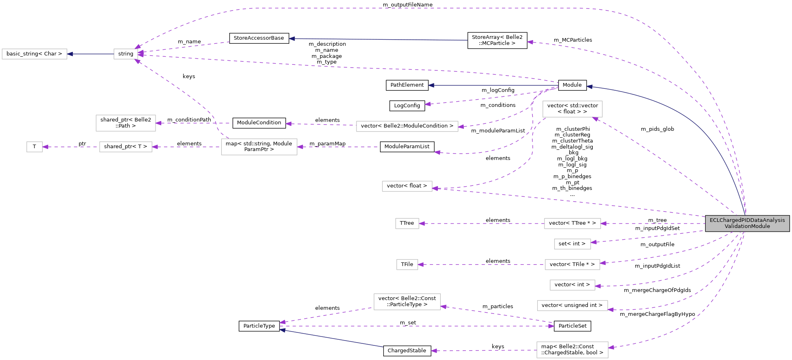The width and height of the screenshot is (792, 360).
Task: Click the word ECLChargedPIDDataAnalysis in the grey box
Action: pyautogui.click(x=747, y=220)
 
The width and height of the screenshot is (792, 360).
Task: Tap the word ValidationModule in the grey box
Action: pyautogui.click(x=747, y=226)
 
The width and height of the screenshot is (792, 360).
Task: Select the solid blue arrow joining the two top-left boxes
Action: pyautogui.click(x=90, y=54)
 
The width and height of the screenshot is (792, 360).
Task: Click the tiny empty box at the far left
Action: pyautogui.click(x=34, y=147)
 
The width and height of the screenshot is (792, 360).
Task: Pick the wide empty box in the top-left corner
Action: pyautogui.click(x=34, y=54)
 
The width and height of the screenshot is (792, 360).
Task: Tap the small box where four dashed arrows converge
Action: pyautogui.click(x=126, y=54)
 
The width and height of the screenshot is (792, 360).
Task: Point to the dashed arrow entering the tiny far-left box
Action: pyautogui.click(x=71, y=147)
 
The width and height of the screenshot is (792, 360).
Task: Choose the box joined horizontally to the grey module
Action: pyautogui.click(x=572, y=224)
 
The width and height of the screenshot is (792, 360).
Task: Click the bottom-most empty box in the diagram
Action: pyautogui.click(x=572, y=350)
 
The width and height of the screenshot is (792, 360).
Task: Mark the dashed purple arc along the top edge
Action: pyautogui.click(x=405, y=9)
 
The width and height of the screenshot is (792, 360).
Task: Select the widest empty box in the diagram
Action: pyautogui.click(x=407, y=126)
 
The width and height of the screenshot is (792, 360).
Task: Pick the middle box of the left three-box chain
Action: pyautogui.click(x=126, y=147)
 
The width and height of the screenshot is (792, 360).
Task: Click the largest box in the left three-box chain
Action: pyautogui.click(x=259, y=147)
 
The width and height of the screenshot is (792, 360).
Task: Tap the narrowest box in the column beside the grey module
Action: pyautogui.click(x=572, y=244)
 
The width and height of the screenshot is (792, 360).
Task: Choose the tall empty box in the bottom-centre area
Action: pyautogui.click(x=407, y=302)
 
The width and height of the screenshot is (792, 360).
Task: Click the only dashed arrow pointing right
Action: pyautogui.click(x=417, y=326)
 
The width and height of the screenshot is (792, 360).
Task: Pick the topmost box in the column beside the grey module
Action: pyautogui.click(x=572, y=109)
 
